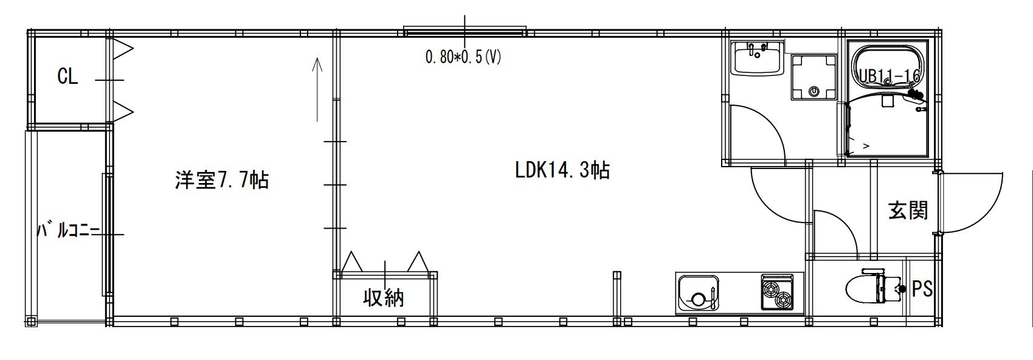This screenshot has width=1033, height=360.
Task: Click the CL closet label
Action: (67, 76)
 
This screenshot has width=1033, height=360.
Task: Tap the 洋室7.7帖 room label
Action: (222, 180)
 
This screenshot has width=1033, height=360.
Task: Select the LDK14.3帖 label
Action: (562, 170)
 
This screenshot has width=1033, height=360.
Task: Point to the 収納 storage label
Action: (384, 298)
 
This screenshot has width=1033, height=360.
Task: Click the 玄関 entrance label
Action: (908, 210)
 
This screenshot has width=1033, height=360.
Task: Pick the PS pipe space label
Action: (922, 289)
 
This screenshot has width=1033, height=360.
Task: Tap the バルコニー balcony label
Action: (68, 229)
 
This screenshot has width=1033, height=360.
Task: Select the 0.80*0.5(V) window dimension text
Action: (463, 57)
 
